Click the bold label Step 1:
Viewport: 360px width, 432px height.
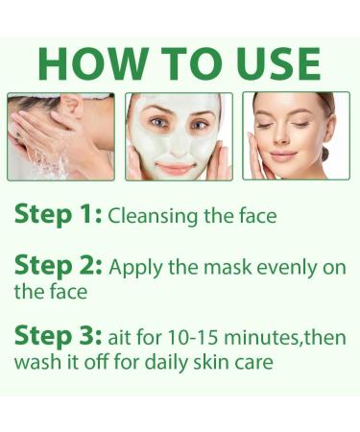(57, 213)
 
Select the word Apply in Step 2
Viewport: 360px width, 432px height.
(134, 268)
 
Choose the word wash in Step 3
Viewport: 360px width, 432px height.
(36, 364)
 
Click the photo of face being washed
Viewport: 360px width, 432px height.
(61, 135)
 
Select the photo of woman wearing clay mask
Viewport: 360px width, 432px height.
(179, 135)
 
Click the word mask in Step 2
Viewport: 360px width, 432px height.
(237, 268)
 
